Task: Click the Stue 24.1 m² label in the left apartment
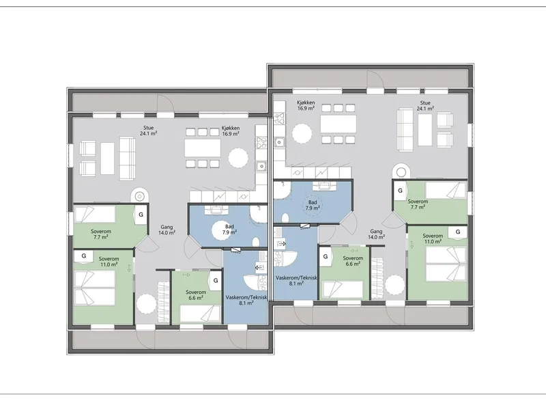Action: (148, 131)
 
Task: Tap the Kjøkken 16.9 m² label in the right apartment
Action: (306, 105)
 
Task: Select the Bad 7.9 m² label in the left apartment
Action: (229, 229)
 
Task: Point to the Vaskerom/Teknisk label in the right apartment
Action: (296, 278)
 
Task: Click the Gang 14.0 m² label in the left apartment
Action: (167, 230)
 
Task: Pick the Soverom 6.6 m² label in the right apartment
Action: (353, 261)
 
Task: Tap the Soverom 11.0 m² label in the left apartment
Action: (109, 262)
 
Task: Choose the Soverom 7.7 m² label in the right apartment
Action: (418, 204)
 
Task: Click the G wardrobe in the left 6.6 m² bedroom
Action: (216, 280)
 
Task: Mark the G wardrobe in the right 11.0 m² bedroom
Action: (457, 232)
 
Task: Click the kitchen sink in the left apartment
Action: (261, 167)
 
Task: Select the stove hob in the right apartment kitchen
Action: (279, 118)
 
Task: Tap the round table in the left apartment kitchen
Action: (238, 159)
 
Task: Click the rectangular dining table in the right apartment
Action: (338, 124)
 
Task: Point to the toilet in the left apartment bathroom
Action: (256, 243)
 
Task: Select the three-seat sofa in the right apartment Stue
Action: (405, 130)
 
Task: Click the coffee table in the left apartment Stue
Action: (107, 159)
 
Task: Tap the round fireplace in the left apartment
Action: (139, 196)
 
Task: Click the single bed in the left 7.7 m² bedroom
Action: (96, 214)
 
